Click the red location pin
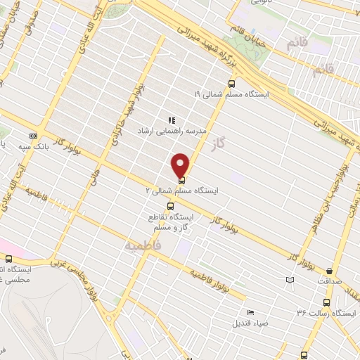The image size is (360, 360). tap(181, 165)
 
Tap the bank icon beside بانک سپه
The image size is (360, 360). tap(32, 136)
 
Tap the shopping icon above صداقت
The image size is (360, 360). tap(330, 271)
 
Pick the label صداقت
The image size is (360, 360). tap(328, 281)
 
